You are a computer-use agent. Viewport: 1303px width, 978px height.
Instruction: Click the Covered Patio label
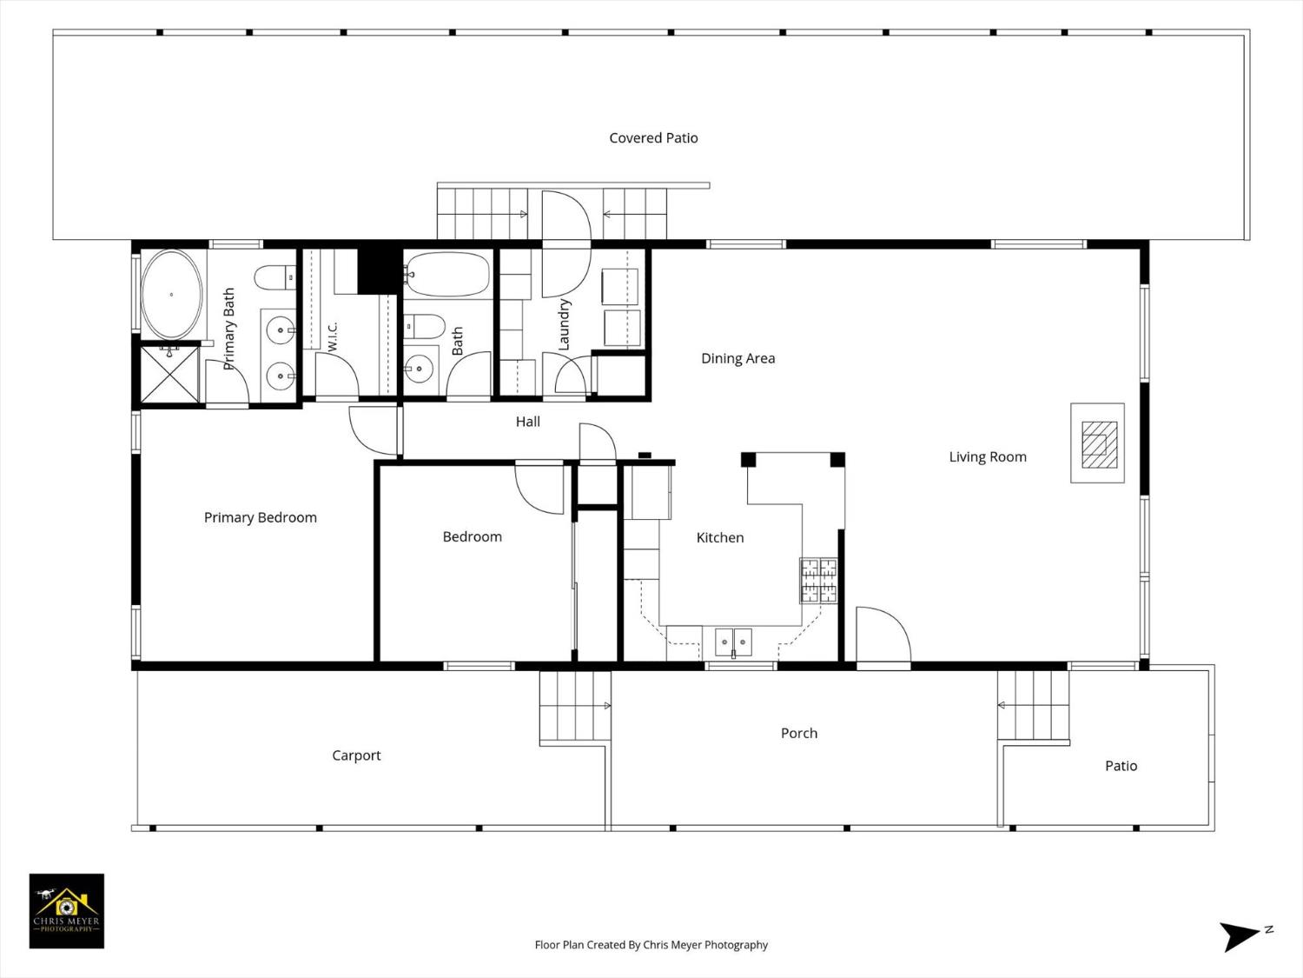(x=653, y=137)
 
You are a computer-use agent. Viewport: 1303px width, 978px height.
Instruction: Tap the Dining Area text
(x=737, y=358)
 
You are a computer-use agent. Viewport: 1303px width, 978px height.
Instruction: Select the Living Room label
(x=987, y=456)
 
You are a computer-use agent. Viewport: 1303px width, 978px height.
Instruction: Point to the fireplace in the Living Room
(x=1098, y=443)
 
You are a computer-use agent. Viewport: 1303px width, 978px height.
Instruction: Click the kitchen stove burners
(x=818, y=580)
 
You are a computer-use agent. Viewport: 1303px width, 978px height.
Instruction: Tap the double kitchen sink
(x=734, y=642)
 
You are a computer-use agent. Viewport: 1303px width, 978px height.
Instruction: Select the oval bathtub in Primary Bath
(x=171, y=295)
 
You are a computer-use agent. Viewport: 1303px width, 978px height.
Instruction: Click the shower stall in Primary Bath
(x=169, y=375)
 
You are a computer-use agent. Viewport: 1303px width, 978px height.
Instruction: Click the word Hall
(x=528, y=422)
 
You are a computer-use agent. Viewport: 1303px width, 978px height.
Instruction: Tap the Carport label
(x=356, y=755)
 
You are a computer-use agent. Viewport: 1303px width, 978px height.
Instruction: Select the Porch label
(x=799, y=733)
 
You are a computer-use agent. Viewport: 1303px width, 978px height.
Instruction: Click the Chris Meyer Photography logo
(x=67, y=911)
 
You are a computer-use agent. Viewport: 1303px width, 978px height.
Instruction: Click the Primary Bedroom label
(x=260, y=517)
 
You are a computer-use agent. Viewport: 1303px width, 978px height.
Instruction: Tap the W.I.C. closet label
(x=332, y=336)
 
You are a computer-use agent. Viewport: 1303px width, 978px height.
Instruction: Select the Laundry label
(x=564, y=324)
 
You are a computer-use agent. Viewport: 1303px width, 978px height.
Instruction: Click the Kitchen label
(x=719, y=537)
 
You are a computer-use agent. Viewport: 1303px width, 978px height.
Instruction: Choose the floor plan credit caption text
(x=651, y=945)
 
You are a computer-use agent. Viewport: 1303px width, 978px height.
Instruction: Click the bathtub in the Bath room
(x=447, y=275)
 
